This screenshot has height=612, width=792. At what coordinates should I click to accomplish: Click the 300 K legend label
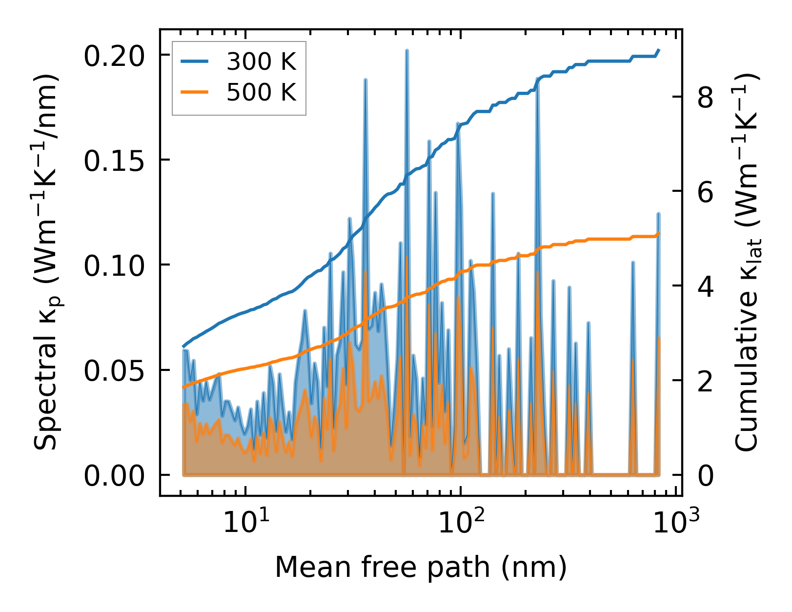click(262, 61)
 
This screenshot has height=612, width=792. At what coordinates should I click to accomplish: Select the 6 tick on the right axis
click(706, 192)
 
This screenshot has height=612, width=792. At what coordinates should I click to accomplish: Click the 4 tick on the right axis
click(706, 286)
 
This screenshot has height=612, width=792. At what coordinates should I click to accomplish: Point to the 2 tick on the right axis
click(706, 381)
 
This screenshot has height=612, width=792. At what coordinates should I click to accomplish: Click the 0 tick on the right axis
click(706, 475)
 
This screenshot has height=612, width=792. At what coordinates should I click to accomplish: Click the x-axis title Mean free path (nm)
click(421, 567)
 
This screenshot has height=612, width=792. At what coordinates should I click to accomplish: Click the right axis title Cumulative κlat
click(747, 264)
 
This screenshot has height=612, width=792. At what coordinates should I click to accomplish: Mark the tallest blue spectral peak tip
click(406, 50)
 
